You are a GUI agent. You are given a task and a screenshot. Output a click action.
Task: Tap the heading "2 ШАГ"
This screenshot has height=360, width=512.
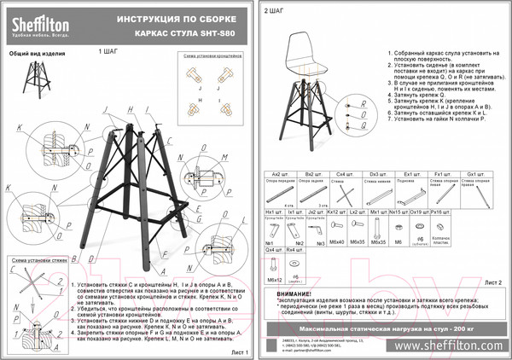[x=275, y=11]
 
